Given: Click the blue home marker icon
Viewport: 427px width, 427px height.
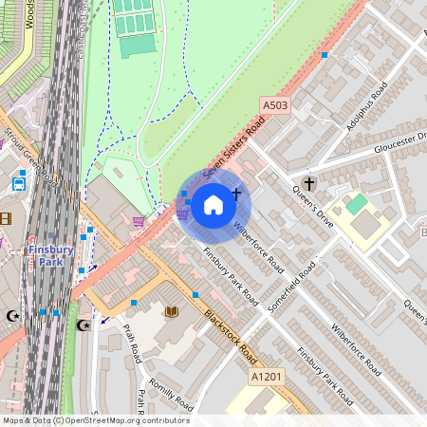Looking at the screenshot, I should pos(213,204).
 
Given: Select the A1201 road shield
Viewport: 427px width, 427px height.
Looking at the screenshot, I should pos(267,377).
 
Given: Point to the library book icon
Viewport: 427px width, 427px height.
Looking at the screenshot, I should pos(172,311).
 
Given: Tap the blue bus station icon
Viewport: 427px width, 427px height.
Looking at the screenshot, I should pos(19,184).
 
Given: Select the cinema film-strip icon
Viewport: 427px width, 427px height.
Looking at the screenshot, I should pos(6,219).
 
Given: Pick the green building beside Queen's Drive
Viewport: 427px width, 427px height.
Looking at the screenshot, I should pos(356,204).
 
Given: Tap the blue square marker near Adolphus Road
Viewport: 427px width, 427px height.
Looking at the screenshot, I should pos(325,56).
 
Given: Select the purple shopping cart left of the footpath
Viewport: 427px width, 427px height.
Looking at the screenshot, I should pos(139,221).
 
